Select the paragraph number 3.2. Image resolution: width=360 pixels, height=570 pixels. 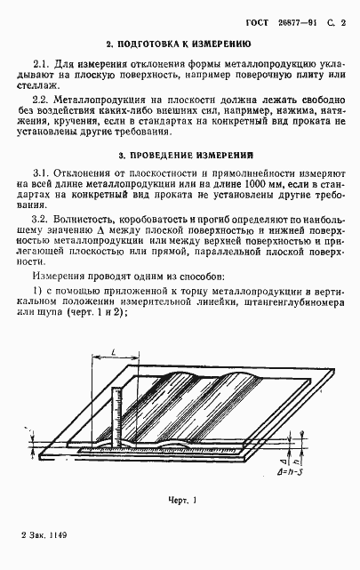click(x=42, y=218)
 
